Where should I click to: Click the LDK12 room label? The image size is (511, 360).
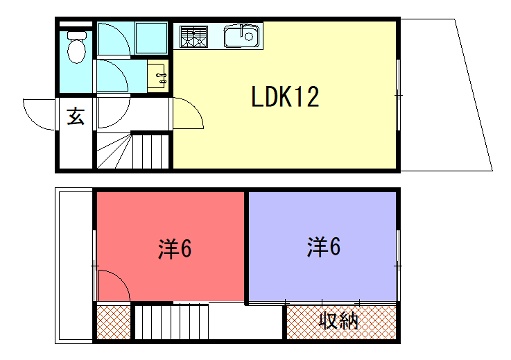click(x=285, y=97)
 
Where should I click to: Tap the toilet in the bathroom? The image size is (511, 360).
click(x=77, y=47)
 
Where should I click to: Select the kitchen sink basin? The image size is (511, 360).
click(x=241, y=36)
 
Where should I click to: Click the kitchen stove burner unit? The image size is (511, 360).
click(x=193, y=36)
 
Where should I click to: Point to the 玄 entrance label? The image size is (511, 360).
click(x=76, y=117)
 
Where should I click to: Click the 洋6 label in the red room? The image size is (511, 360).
click(x=175, y=248)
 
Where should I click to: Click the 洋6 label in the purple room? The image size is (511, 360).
click(x=323, y=247)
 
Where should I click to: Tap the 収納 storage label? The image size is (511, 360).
click(x=339, y=321)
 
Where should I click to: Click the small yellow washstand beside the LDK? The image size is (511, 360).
click(x=158, y=77)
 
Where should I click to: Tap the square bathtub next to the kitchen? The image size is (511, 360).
click(x=151, y=38)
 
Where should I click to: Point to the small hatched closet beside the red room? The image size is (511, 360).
click(x=113, y=322)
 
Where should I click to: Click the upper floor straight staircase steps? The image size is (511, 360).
click(x=171, y=322)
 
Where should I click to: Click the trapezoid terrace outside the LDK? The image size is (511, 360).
click(x=442, y=95)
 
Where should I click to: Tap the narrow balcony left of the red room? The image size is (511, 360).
click(x=75, y=265)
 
